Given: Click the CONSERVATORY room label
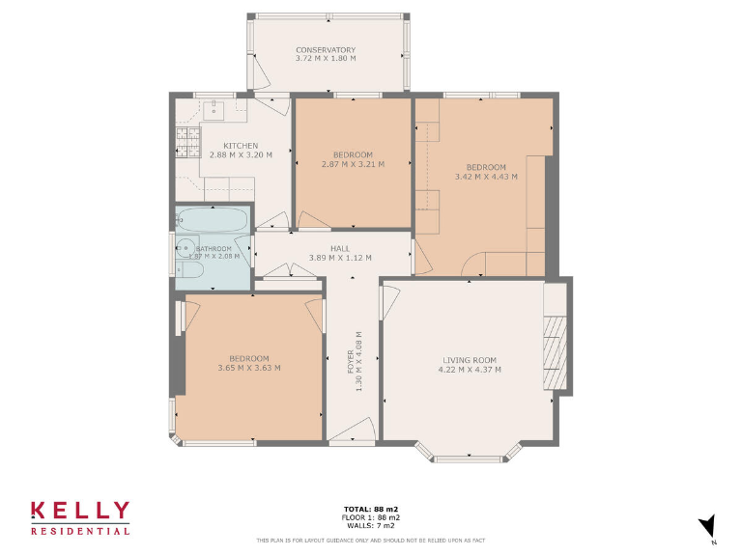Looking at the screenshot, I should [x=326, y=50].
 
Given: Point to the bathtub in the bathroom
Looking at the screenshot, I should [x=214, y=220].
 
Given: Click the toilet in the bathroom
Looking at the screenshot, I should [x=186, y=270].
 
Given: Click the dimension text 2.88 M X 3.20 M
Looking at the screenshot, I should [x=241, y=154].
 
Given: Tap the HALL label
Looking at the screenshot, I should [x=339, y=248].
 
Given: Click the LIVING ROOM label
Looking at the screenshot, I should [x=469, y=360].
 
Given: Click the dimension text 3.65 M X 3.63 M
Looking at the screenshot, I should [x=248, y=367].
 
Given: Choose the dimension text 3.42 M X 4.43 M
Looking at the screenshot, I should [x=486, y=177].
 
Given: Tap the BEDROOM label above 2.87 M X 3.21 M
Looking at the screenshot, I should [x=353, y=155].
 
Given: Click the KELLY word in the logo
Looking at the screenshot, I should [x=79, y=512].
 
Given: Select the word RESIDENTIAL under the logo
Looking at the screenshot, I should [x=79, y=531].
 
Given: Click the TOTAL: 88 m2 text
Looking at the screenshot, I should [x=371, y=509].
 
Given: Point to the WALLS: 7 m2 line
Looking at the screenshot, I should [x=371, y=525].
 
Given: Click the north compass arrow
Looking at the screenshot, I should [x=707, y=524].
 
